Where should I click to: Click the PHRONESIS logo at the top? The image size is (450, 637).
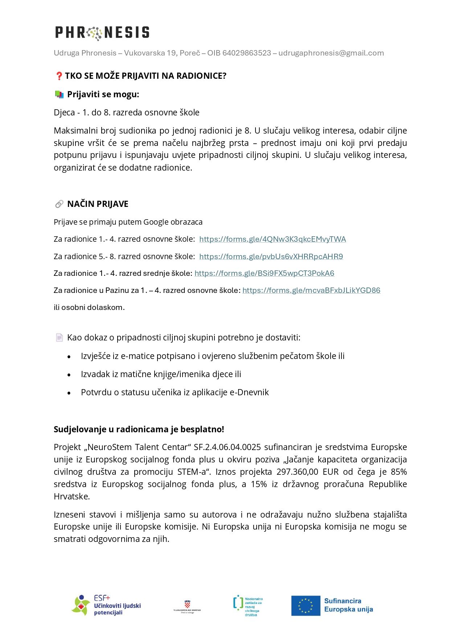(102, 33)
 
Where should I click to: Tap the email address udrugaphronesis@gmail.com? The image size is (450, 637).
(331, 53)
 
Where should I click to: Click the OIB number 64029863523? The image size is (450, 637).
(246, 53)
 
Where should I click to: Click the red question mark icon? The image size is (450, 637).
(59, 76)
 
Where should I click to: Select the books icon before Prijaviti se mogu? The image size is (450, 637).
(59, 94)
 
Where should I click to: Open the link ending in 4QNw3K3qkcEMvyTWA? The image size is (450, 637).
(272, 239)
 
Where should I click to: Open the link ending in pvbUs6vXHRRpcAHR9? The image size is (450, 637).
(271, 257)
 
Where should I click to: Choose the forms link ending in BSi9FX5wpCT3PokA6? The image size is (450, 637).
(264, 273)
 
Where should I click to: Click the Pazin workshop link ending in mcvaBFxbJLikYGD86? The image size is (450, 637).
(311, 290)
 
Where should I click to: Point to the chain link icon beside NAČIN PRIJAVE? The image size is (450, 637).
(59, 204)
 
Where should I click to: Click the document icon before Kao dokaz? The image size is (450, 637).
(59, 338)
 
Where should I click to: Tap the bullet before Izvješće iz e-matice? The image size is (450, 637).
(69, 357)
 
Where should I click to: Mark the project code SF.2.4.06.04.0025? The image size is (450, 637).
(227, 447)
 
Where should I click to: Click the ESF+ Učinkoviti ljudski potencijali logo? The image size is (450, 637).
(106, 605)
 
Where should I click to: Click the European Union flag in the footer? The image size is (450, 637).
(306, 606)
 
